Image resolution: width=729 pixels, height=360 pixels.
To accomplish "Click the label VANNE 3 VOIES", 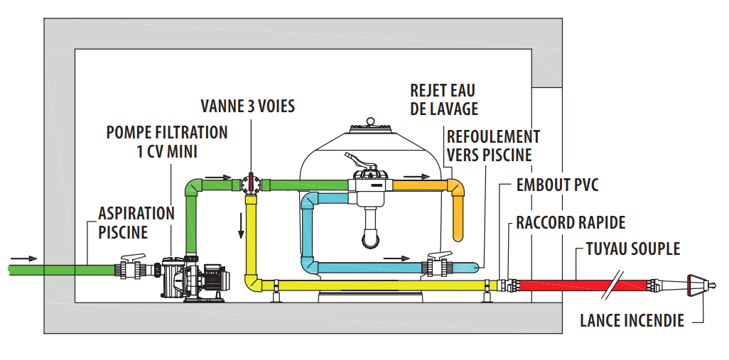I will coord(247,107).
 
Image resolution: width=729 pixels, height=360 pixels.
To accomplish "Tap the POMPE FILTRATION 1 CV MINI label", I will coord(167,141).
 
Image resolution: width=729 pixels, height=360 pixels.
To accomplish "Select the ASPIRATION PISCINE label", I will coord(136,222).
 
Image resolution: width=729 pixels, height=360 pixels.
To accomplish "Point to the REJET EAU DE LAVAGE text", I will coord(443,99).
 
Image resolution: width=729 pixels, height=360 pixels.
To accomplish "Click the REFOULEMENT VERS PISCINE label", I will coord(493,145).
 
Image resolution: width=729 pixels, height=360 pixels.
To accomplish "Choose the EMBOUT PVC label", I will coord(557,186).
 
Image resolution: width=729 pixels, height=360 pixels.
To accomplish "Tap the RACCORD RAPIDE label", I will coord(571,223).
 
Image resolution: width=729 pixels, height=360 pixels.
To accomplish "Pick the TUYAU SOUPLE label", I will coord(633,249).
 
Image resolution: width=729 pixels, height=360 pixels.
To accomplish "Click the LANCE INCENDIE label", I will coord(632,320).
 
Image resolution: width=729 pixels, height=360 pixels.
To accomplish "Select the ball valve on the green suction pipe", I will coord(132,268).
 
